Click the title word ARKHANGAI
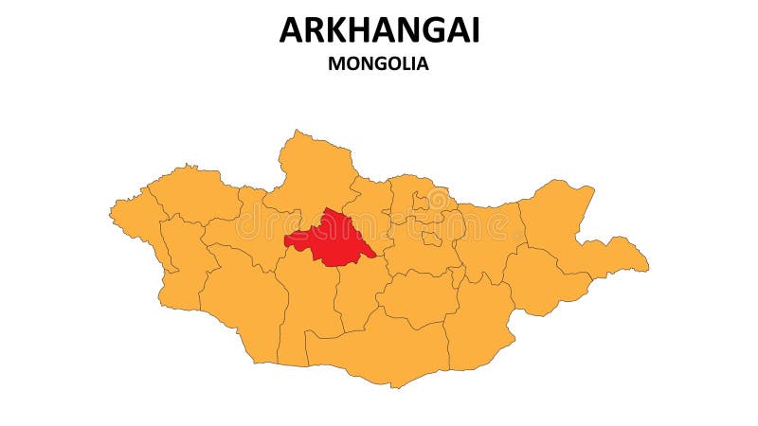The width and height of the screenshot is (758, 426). tap(379, 30)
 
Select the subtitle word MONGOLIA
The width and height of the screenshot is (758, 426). tap(379, 64)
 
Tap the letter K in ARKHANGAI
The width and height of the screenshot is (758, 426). tap(339, 30)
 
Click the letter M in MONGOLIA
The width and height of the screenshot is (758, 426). tap(335, 64)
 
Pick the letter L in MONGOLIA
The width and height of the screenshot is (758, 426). tap(399, 64)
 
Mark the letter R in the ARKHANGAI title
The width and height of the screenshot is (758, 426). tap(316, 30)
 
